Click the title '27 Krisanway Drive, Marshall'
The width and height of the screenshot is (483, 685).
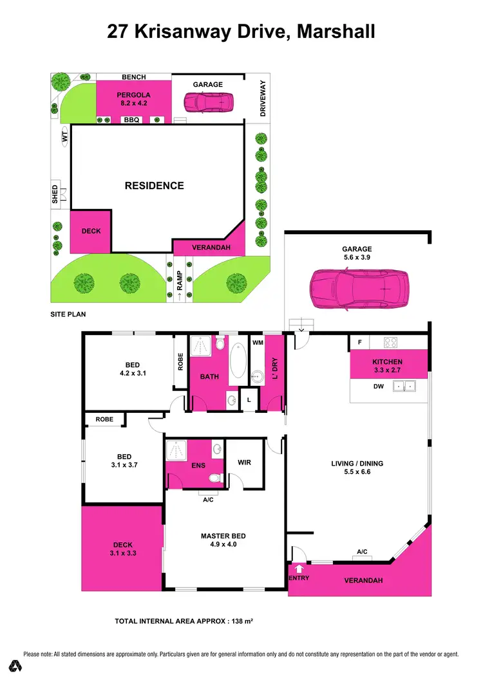[241, 32]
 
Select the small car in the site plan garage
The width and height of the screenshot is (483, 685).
[208, 102]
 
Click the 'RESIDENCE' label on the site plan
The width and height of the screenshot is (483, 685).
[154, 186]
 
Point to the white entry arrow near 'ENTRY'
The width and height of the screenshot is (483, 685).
[299, 569]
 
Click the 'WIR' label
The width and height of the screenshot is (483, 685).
[245, 462]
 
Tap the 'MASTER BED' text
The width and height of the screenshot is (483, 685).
[223, 536]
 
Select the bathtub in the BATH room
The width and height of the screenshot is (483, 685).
[238, 362]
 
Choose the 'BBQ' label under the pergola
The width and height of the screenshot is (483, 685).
[131, 120]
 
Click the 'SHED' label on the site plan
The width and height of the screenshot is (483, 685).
[55, 195]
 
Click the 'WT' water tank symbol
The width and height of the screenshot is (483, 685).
[64, 136]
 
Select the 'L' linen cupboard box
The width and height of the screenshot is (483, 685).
[249, 399]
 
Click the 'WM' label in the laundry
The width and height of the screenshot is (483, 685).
[257, 343]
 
